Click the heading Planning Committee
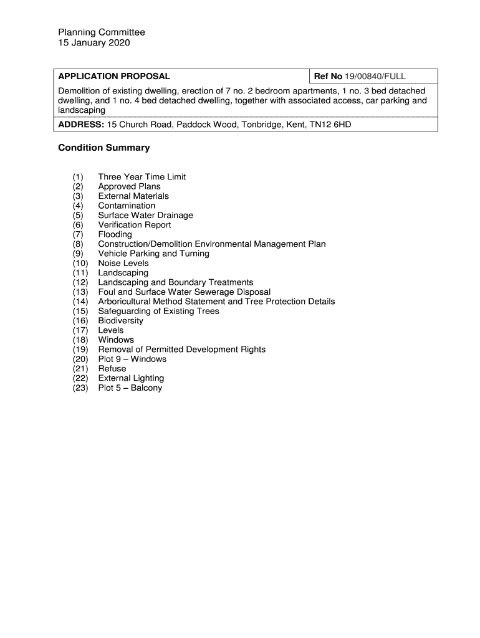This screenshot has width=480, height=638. pos(102,32)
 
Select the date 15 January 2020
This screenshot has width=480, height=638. pos(94,43)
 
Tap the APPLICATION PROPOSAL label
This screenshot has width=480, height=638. pos(114,77)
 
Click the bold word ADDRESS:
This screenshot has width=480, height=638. pos(81,125)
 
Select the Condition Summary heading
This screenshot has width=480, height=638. pos(104,148)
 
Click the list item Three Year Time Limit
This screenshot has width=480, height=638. pos(142,177)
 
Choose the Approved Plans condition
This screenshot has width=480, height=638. pos(129,186)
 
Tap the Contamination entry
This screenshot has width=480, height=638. pos(127,206)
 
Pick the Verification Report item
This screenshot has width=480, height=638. pos(134,225)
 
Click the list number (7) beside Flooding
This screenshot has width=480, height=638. pos(78,234)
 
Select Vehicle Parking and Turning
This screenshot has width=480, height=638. pos(153,254)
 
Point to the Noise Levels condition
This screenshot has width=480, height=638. pos(123,263)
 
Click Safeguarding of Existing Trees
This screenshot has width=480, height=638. pos(158,311)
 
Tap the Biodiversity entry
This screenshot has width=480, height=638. pos(120,321)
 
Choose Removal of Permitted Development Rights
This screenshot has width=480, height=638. pos(181,350)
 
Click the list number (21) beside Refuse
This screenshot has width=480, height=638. pos(80,369)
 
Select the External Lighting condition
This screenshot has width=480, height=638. pos(131,378)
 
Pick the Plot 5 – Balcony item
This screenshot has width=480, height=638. pos(130,388)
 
